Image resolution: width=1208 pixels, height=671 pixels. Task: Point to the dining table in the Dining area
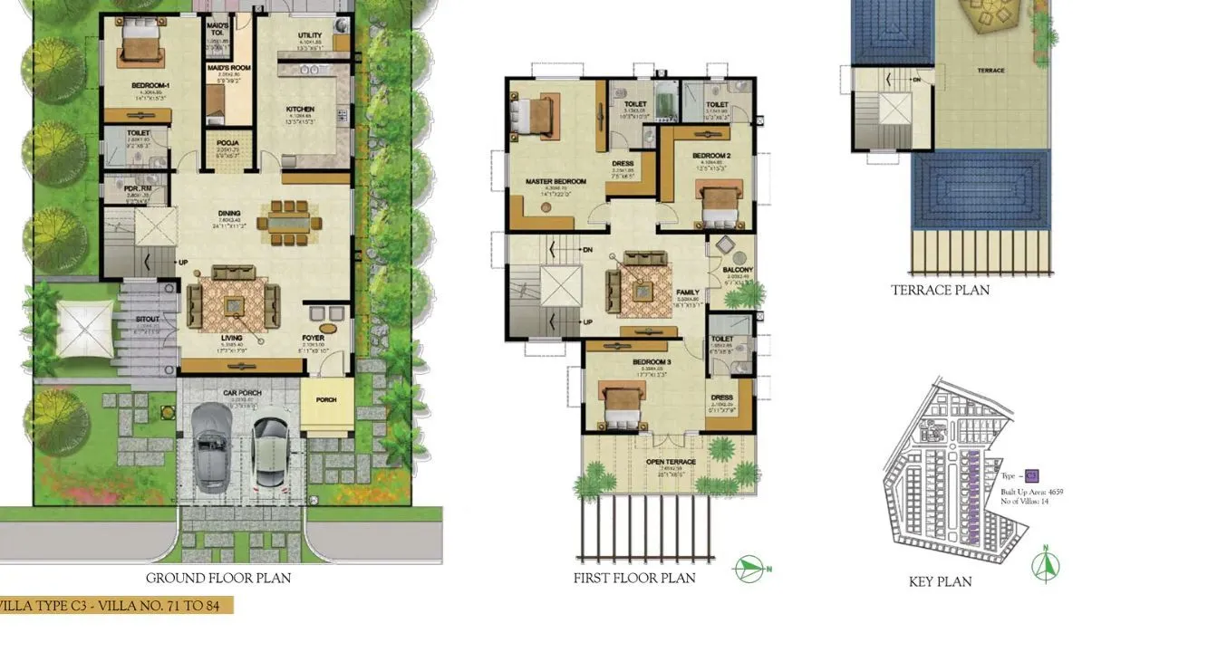click(289, 220)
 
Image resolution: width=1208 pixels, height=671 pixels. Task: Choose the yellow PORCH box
click(326, 400)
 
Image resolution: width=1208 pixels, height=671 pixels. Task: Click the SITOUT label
click(147, 320)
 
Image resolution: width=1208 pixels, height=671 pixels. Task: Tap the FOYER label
click(314, 339)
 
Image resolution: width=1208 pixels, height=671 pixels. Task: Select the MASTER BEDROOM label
click(556, 181)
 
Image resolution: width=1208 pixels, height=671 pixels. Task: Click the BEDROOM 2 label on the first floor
click(711, 155)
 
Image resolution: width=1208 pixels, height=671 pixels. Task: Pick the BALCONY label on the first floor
click(737, 270)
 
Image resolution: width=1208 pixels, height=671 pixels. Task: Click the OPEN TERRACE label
click(671, 462)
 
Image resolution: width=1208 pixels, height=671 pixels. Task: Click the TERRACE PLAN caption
click(940, 291)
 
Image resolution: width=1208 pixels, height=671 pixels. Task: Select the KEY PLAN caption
click(940, 582)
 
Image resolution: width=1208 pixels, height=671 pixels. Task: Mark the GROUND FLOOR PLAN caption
click(218, 578)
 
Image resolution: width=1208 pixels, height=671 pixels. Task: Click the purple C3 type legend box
click(1031, 475)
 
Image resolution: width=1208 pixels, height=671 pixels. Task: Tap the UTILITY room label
click(310, 36)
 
